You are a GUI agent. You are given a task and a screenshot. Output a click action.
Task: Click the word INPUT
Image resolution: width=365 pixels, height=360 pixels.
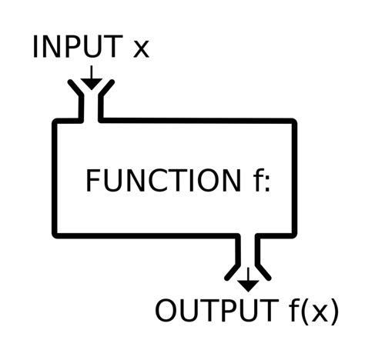tap(76, 48)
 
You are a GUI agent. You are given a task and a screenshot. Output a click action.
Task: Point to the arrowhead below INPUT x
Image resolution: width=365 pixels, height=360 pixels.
tap(91, 83)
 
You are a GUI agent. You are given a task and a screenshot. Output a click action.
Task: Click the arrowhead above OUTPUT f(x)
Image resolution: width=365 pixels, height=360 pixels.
tap(247, 285)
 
